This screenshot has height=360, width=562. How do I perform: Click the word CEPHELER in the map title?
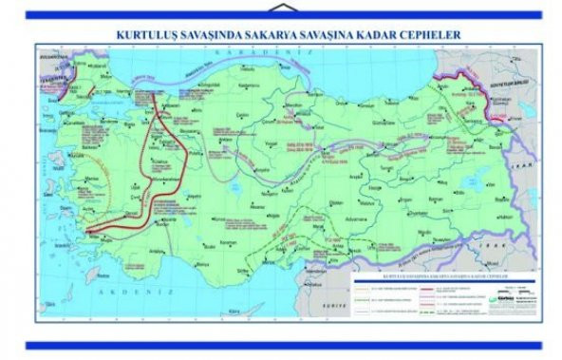click(426, 33)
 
